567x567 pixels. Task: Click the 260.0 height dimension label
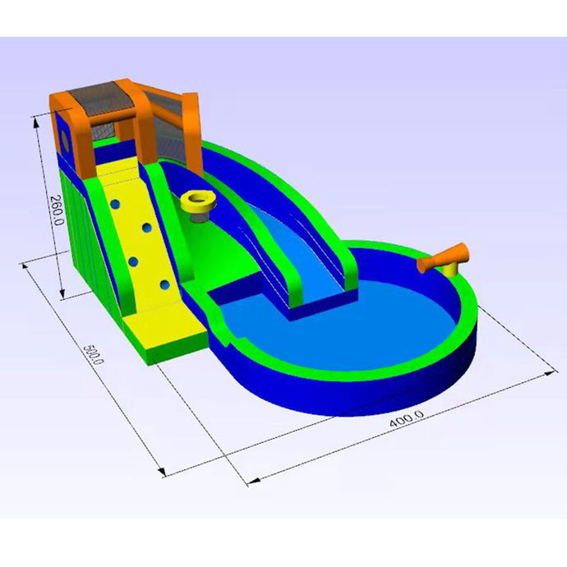click(x=57, y=210)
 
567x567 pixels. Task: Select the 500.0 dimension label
click(x=94, y=354)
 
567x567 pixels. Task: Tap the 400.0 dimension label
click(x=407, y=419)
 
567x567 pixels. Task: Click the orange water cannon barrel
click(x=443, y=257)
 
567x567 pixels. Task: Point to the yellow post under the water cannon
click(x=452, y=270)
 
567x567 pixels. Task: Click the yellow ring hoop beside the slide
click(x=198, y=202)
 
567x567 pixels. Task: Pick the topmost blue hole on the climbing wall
click(x=114, y=205)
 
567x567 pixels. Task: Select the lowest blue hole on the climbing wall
click(x=165, y=285)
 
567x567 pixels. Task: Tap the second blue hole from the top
click(x=147, y=228)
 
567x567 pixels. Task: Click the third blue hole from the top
click(x=133, y=261)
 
